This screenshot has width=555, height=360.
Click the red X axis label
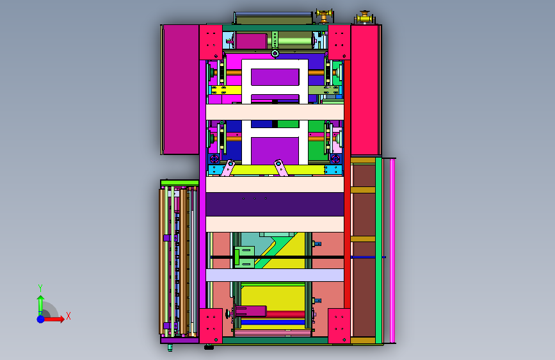pyautogui.click(x=68, y=316)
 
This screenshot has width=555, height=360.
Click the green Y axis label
pyautogui.click(x=40, y=288)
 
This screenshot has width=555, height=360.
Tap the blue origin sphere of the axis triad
pyautogui.click(x=41, y=319)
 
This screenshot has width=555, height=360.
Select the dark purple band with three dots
pyautogui.click(x=275, y=204)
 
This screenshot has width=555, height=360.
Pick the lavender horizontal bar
pyautogui.click(x=275, y=275)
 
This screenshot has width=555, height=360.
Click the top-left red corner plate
pyautogui.click(x=211, y=42)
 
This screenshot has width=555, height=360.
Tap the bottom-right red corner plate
pyautogui.click(x=339, y=325)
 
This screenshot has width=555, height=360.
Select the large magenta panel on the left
pyautogui.click(x=181, y=89)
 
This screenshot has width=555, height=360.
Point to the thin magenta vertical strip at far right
pyautogui.click(x=392, y=251)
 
